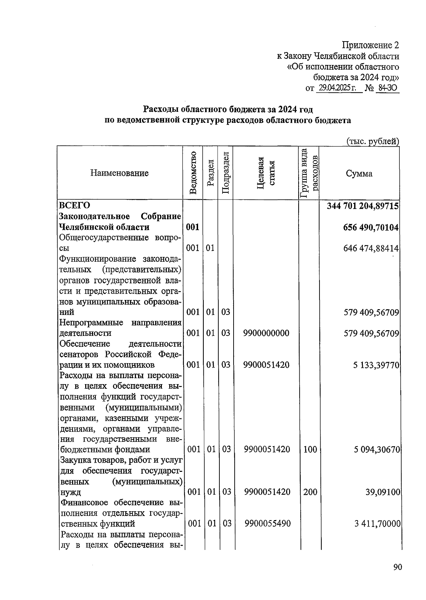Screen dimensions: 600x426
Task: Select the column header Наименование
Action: (119, 173)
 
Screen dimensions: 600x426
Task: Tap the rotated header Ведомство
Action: (193, 173)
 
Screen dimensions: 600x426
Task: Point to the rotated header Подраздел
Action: (225, 173)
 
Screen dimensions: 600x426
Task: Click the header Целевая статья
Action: (266, 173)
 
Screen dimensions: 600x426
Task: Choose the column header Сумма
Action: (359, 174)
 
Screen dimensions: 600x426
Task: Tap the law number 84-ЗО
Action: (387, 88)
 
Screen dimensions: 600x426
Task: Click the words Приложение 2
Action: (370, 45)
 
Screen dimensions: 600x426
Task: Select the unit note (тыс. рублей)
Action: (372, 141)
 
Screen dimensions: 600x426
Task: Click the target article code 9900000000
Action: (266, 333)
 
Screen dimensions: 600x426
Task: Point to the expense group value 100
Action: (310, 450)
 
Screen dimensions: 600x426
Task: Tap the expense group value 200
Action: (310, 492)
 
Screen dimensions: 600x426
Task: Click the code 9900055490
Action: (267, 524)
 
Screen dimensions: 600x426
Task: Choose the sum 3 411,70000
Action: (377, 524)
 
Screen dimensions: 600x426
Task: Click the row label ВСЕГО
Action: (75, 206)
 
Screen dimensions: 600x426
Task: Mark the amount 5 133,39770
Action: (376, 365)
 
